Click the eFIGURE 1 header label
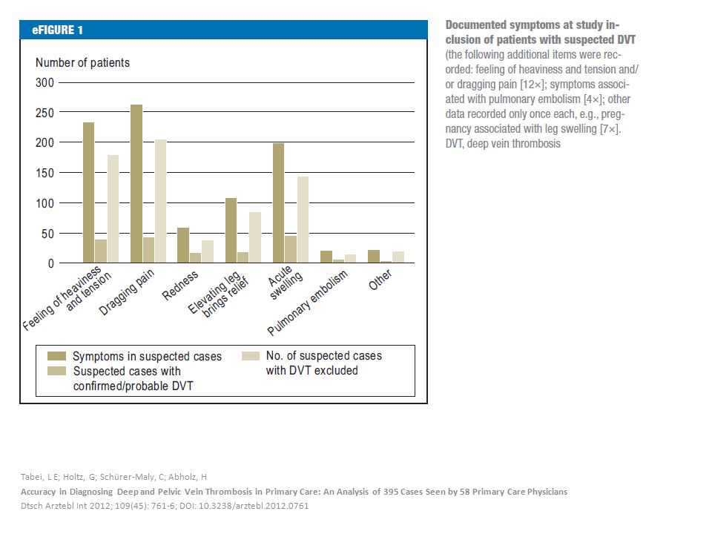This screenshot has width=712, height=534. tap(57, 30)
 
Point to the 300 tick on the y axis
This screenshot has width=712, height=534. tap(44, 82)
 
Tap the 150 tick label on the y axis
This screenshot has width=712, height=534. tap(44, 173)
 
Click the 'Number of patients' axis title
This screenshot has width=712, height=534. tap(82, 62)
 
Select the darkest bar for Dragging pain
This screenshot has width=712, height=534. tap(136, 184)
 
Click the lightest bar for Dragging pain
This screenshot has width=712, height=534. tap(160, 201)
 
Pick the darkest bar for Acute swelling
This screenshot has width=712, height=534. tap(278, 203)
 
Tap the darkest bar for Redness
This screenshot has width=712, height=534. tap(183, 245)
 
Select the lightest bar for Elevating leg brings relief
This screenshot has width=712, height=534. tap(255, 237)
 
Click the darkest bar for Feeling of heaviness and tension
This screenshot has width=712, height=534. tap(88, 193)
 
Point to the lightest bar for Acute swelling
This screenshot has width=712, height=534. tap(303, 220)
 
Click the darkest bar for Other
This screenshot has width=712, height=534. tap(374, 257)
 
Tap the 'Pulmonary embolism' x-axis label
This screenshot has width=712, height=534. tap(307, 303)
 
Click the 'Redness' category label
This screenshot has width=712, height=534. tap(180, 285)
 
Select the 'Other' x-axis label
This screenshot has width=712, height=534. tap(380, 280)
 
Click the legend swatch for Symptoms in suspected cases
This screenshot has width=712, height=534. tap(57, 356)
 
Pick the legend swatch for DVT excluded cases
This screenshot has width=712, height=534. tap(251, 356)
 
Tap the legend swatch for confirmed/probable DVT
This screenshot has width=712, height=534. tap(57, 371)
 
